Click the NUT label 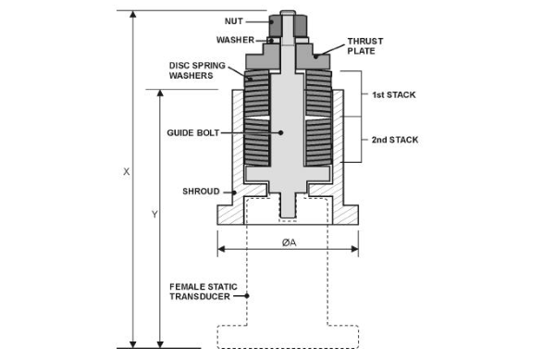234,21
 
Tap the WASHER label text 235,40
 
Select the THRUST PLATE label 365,46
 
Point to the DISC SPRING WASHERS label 197,70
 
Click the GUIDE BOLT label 193,132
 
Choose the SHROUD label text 201,192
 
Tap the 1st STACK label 394,94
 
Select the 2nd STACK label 395,140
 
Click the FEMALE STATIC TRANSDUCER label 203,292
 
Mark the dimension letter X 127,172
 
